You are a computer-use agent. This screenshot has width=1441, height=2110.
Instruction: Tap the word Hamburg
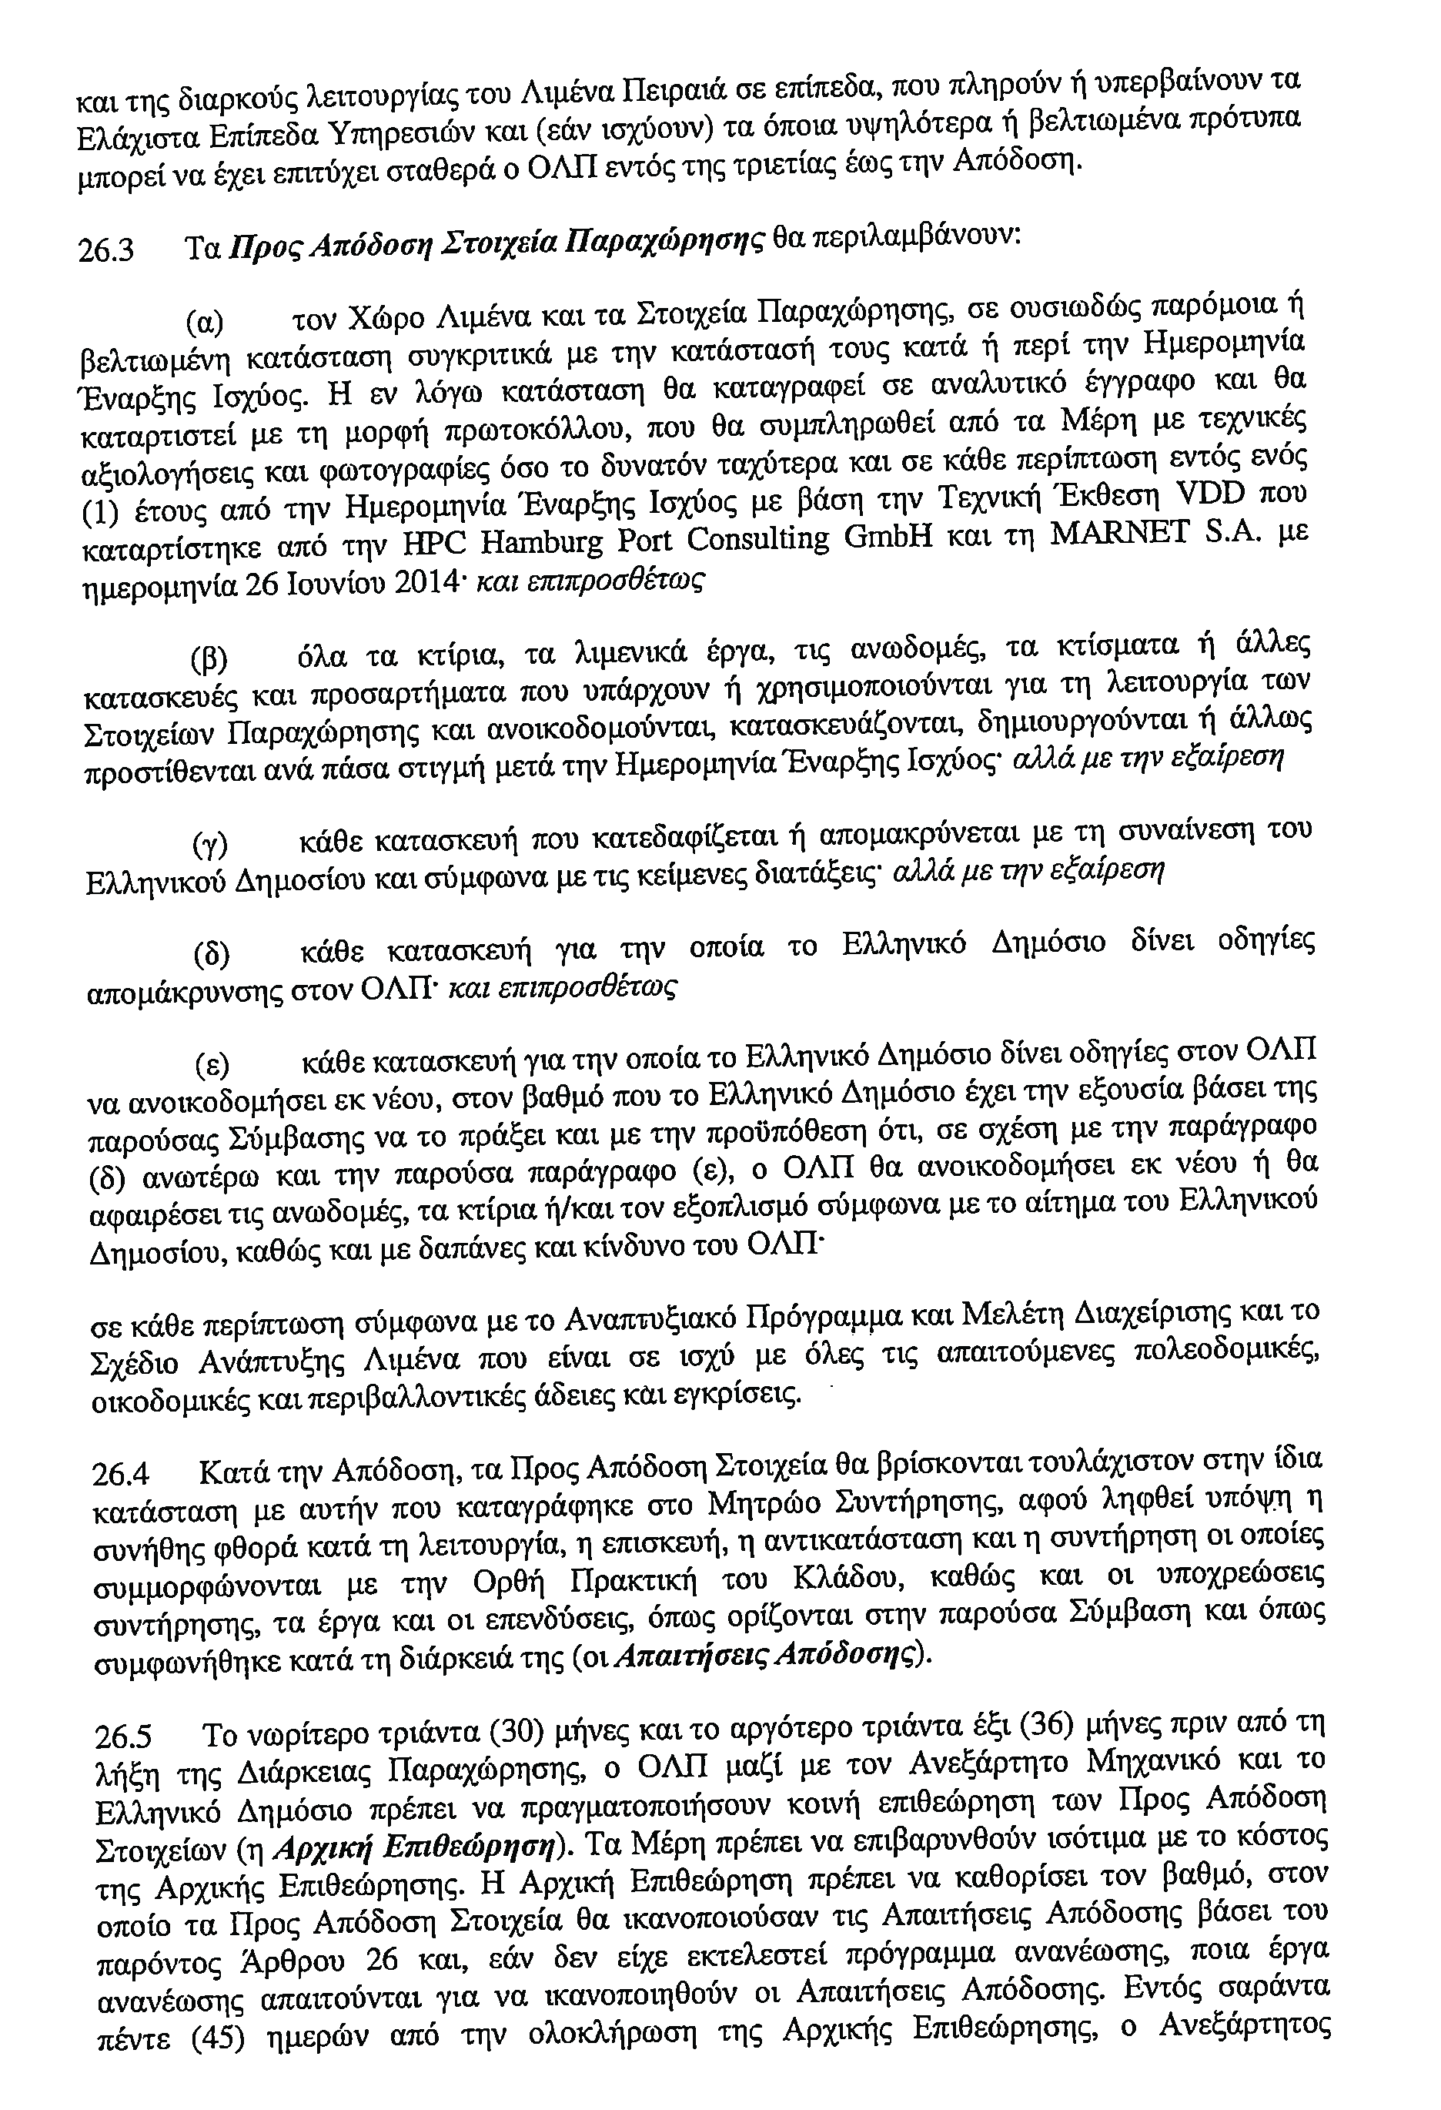[x=542, y=543]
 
